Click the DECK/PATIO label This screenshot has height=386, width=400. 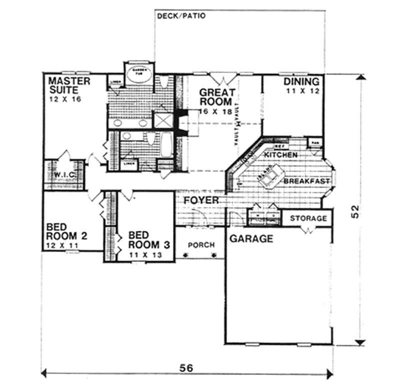[x=181, y=15]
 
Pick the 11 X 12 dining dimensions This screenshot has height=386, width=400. [x=301, y=91]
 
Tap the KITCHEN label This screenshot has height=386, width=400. [x=280, y=155]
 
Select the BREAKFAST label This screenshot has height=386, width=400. [x=306, y=181]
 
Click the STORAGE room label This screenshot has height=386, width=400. [x=308, y=218]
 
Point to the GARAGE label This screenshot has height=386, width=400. [x=251, y=239]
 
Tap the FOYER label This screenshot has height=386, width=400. [x=200, y=201]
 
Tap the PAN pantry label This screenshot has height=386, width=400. [x=314, y=141]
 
